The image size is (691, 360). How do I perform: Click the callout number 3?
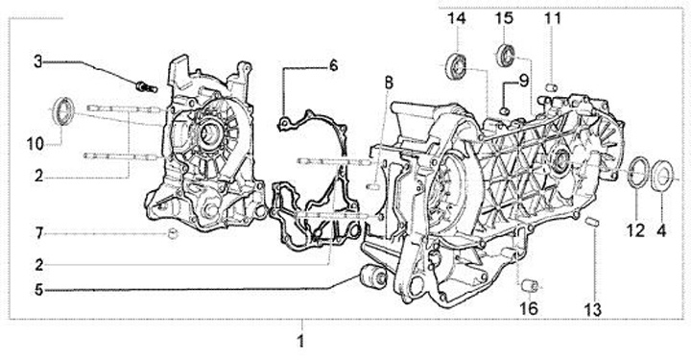click(38, 61)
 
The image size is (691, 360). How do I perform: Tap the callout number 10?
click(36, 144)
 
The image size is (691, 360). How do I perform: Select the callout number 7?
click(39, 232)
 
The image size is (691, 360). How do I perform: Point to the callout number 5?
click(39, 290)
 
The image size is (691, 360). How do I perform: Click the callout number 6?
click(334, 65)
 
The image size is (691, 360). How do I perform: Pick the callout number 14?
click(457, 18)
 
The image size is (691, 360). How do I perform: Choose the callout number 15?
click(504, 18)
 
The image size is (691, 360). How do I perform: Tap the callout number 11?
click(553, 18)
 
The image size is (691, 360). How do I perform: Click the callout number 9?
click(523, 81)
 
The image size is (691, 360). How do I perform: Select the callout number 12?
click(635, 230)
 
